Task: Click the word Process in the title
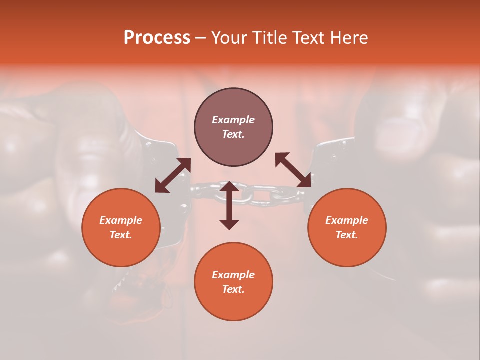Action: tap(157, 38)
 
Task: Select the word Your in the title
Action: tap(229, 38)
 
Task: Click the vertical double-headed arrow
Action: tap(229, 205)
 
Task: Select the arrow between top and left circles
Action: tap(173, 175)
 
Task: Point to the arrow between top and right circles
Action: tap(293, 170)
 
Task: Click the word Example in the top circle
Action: tap(233, 120)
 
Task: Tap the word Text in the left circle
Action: tap(121, 235)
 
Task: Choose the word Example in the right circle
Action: tap(347, 220)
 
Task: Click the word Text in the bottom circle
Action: tap(233, 289)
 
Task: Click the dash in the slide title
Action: tap(201, 38)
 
